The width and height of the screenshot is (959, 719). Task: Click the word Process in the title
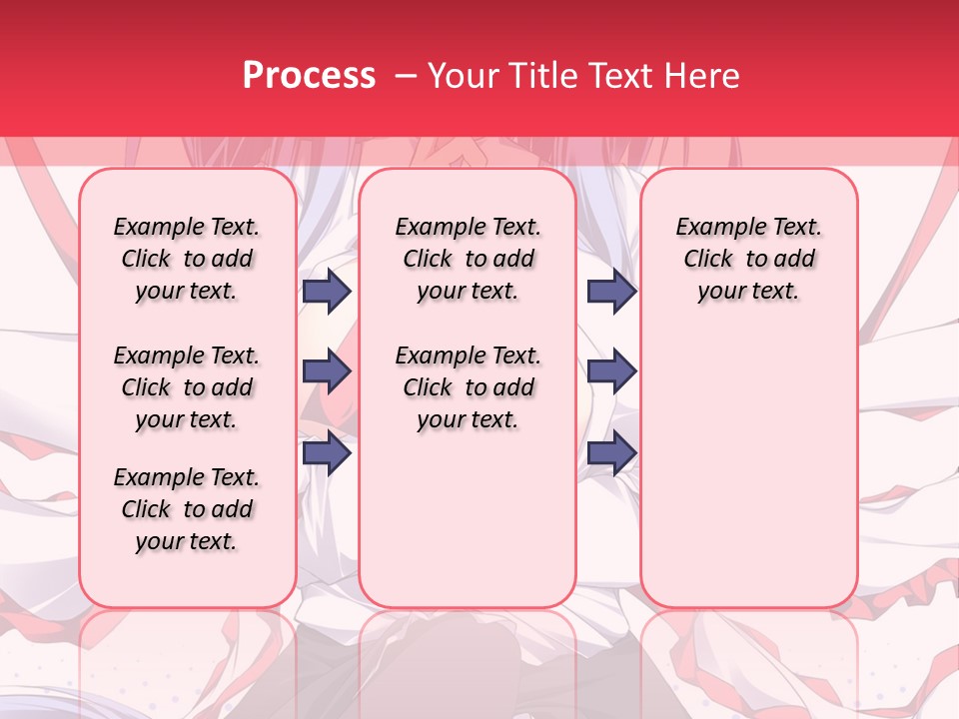tap(309, 76)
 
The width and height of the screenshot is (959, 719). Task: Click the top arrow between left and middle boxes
tap(327, 291)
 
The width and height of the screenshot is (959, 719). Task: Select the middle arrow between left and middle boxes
tap(327, 371)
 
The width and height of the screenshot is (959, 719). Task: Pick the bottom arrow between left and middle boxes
tap(327, 453)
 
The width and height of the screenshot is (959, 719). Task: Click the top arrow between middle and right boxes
tap(611, 291)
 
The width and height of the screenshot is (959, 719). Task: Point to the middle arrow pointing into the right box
tap(611, 371)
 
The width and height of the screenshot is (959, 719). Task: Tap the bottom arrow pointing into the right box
tap(611, 453)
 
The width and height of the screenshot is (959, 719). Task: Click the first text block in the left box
tap(187, 259)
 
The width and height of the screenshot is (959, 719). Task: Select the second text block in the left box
tap(187, 387)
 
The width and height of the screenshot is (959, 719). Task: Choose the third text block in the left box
tap(187, 509)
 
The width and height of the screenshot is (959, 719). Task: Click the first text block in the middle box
tap(469, 259)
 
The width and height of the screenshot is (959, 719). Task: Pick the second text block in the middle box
tap(469, 387)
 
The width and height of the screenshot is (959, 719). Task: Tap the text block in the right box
tap(749, 259)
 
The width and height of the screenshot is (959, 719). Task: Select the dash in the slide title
tap(406, 76)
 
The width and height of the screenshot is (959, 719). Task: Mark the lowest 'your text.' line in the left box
tap(187, 541)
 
